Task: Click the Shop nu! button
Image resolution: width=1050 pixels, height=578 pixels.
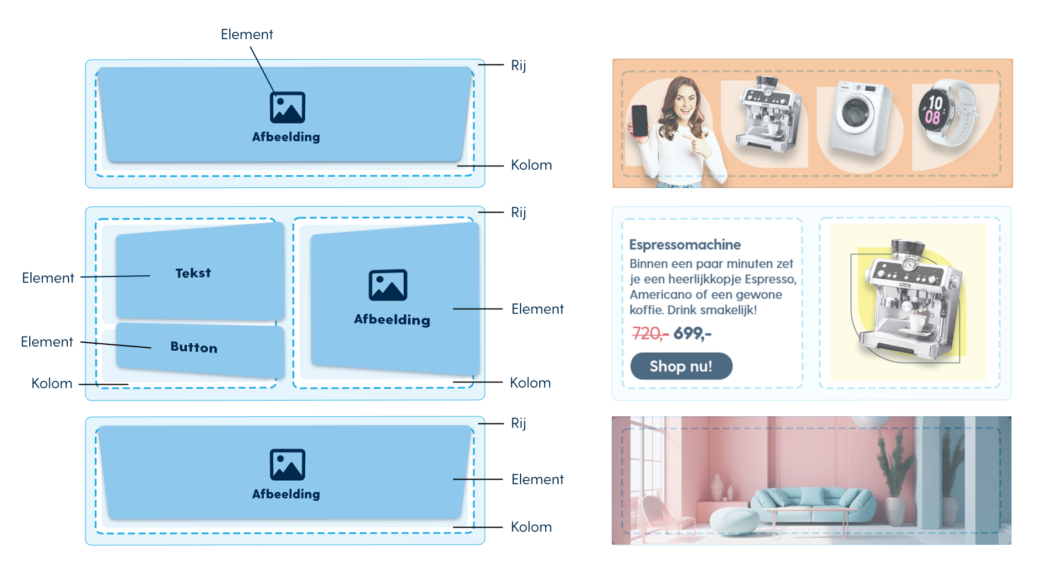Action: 681,366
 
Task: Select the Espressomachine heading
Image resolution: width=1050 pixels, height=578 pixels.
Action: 685,245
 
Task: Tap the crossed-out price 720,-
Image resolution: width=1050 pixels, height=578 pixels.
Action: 650,334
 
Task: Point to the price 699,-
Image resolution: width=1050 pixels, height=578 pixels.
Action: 693,334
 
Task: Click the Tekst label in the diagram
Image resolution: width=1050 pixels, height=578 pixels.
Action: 193,273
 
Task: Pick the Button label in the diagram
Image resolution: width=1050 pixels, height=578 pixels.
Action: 194,347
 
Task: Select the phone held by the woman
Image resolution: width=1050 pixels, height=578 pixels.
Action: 639,121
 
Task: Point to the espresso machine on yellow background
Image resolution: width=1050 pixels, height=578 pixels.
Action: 908,299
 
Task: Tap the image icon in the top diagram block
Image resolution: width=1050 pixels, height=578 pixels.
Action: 287,108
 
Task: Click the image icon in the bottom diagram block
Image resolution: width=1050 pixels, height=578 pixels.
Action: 287,465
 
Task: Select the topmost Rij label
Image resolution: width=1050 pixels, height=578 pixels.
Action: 518,65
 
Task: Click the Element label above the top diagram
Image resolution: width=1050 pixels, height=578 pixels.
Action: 247,35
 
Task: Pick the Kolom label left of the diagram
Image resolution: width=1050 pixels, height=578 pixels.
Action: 52,384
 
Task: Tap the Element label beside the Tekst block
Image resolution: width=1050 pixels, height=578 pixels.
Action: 48,278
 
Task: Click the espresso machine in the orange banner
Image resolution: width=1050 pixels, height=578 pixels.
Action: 768,114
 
